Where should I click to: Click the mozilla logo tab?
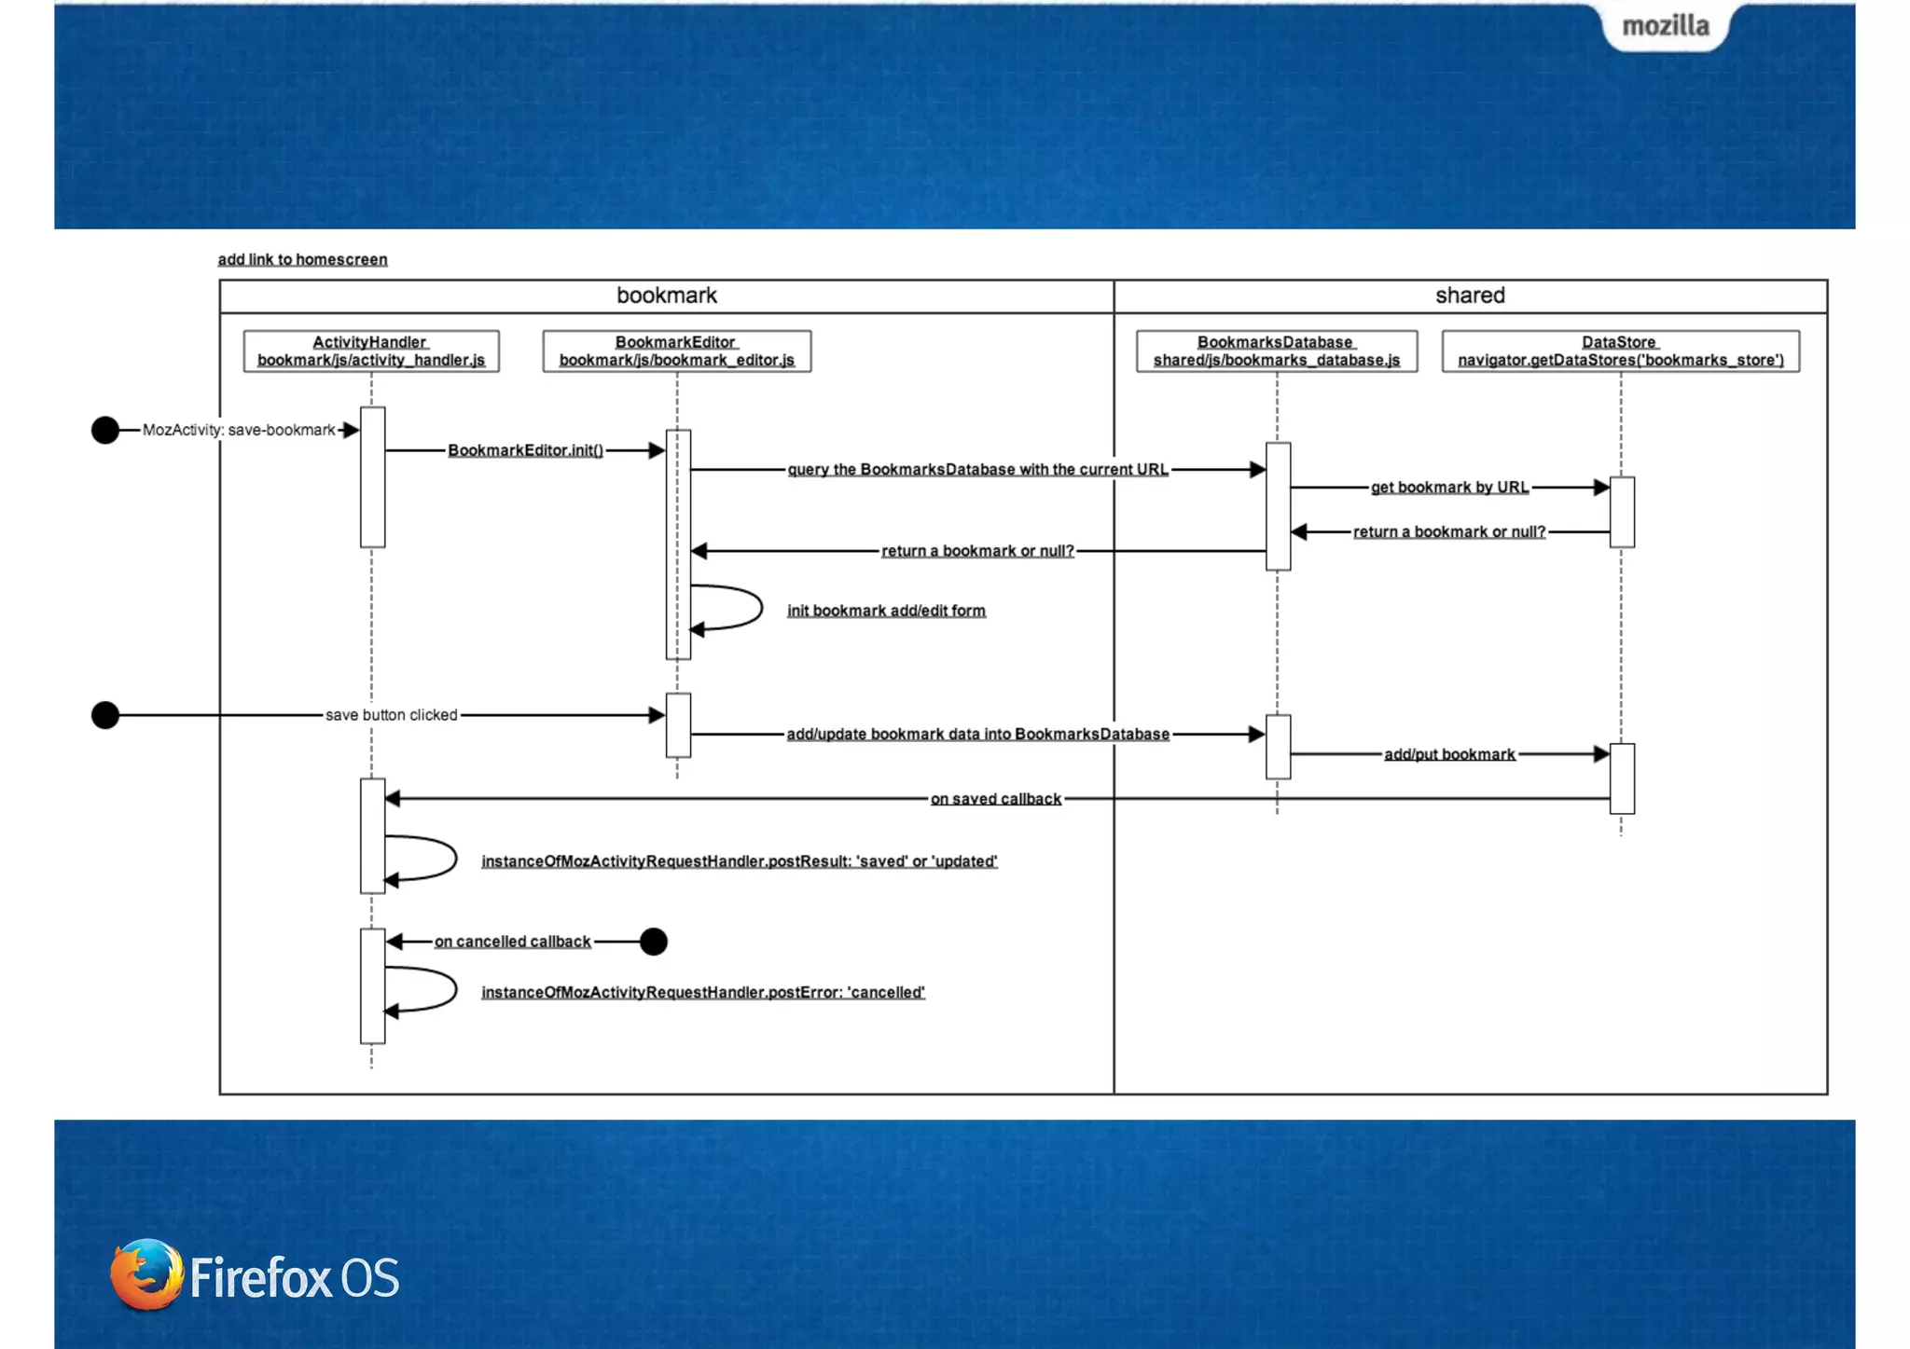click(x=1665, y=26)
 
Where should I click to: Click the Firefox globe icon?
click(x=146, y=1274)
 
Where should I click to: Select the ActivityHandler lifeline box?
click(x=371, y=351)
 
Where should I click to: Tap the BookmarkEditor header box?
click(x=676, y=351)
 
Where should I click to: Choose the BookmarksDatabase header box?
click(x=1276, y=351)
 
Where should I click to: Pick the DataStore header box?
click(x=1620, y=351)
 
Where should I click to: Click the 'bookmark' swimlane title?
click(x=666, y=296)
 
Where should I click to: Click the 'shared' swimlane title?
click(x=1470, y=296)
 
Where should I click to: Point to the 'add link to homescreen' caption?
click(x=302, y=259)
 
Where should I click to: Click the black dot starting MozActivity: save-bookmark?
click(x=105, y=430)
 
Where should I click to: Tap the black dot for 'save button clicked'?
click(x=105, y=715)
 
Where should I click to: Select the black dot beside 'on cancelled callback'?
click(x=654, y=942)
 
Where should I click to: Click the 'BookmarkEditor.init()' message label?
click(x=525, y=450)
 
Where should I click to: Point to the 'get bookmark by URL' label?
click(x=1449, y=487)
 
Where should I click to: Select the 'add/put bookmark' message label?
click(x=1449, y=754)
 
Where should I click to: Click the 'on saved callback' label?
click(x=995, y=799)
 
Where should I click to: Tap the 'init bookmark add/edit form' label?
click(x=886, y=611)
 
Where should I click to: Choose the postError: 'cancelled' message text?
click(x=702, y=992)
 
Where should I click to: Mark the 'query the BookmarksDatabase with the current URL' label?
click(x=977, y=469)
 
